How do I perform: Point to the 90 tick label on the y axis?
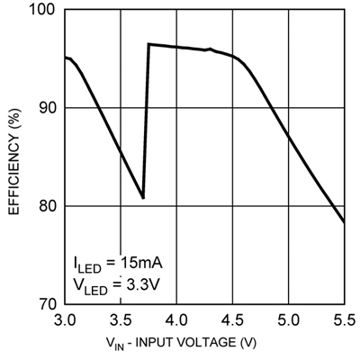point(47,108)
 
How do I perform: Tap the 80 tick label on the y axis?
point(47,206)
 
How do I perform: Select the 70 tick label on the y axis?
point(47,304)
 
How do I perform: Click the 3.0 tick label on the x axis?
point(65,319)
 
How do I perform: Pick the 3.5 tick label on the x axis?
point(121,319)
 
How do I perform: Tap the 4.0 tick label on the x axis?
point(176,319)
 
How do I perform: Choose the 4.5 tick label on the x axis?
point(232,319)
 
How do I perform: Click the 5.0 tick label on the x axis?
point(288,319)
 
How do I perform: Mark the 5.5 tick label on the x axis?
point(343,319)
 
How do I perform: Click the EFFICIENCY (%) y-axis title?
point(13,157)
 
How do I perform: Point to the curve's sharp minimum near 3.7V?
point(142,198)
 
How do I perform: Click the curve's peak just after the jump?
point(148,44)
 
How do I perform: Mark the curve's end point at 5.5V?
point(344,221)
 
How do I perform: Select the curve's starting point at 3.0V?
point(65,58)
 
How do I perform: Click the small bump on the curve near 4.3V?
point(210,49)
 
